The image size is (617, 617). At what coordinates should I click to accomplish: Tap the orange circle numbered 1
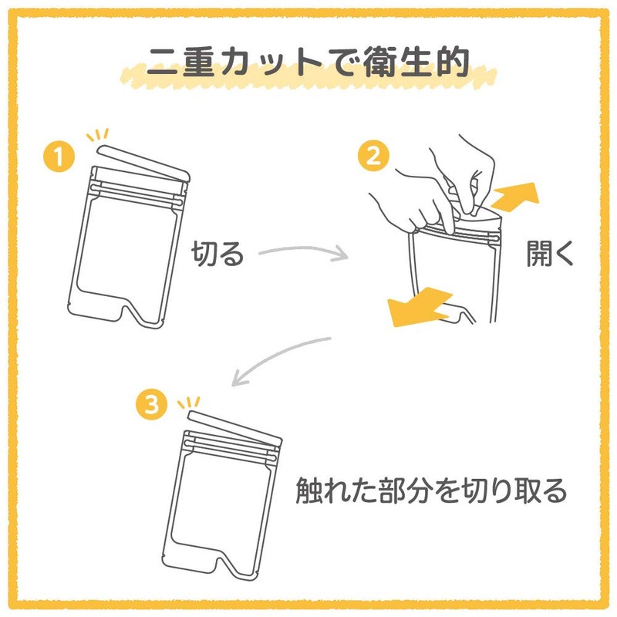(x=59, y=157)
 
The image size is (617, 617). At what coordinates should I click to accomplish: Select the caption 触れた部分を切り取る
(x=432, y=491)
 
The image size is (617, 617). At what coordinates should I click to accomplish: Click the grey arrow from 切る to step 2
(x=301, y=252)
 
